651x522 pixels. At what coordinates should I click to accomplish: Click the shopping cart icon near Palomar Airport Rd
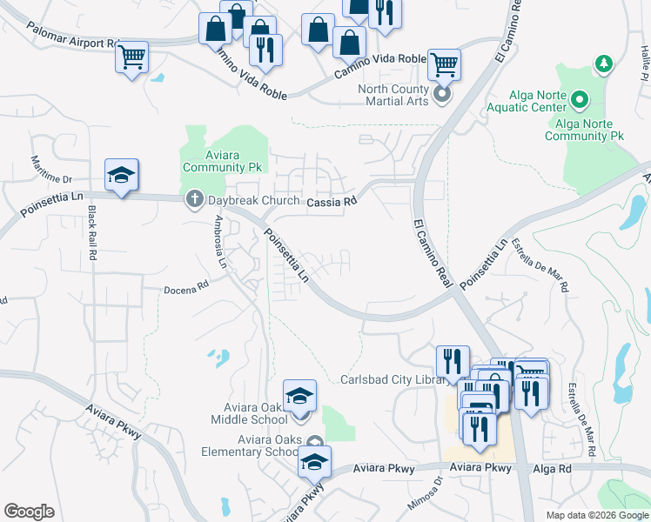(131, 57)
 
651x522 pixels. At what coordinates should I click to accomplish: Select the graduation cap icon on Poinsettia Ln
(121, 175)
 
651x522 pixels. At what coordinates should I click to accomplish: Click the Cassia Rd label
(332, 203)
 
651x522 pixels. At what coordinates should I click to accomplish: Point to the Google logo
(30, 512)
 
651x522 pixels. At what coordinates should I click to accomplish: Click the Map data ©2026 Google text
(598, 515)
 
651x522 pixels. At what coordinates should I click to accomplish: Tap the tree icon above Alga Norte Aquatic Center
(602, 64)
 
